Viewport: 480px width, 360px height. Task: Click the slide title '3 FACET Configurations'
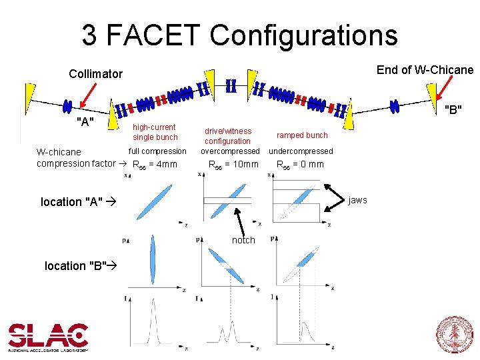tap(239, 35)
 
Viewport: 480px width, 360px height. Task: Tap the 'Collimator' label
tap(95, 74)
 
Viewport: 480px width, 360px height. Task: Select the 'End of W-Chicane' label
tap(425, 70)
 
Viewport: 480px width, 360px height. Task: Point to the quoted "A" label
tap(85, 121)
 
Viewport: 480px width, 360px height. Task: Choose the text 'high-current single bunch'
tap(155, 132)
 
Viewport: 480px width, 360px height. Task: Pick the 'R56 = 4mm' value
tap(155, 164)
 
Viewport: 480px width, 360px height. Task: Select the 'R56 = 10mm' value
tap(233, 164)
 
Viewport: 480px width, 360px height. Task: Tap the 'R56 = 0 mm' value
tap(300, 164)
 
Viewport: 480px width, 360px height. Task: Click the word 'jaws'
tap(357, 200)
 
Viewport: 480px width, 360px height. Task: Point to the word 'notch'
tap(243, 240)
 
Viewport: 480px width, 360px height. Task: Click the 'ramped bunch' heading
tap(302, 135)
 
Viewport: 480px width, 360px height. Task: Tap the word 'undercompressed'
tap(301, 151)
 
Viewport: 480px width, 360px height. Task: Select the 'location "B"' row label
tap(77, 266)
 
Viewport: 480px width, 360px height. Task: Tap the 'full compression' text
tap(157, 151)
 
